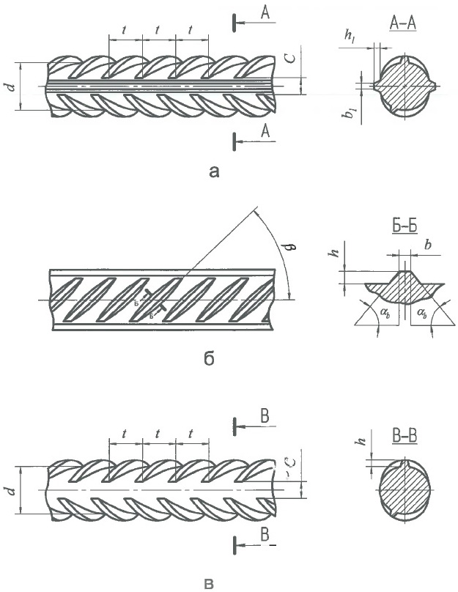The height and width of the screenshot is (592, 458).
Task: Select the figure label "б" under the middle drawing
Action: click(x=209, y=360)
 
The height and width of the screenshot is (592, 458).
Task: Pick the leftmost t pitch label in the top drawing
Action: click(x=125, y=30)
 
